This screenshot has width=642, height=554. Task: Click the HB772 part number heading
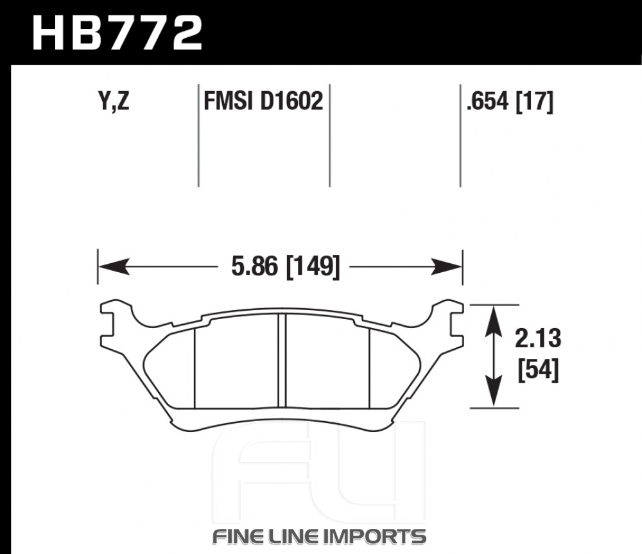coord(117,33)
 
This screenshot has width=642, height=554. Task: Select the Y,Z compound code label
coord(114,101)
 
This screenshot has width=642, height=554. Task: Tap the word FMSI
coord(228,101)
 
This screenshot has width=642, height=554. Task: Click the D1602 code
coord(291,101)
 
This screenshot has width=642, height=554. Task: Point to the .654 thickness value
coord(488,101)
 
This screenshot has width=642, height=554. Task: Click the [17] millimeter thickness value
coord(535,101)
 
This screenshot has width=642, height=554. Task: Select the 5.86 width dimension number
coord(254,266)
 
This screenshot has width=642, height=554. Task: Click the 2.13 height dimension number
coord(537,338)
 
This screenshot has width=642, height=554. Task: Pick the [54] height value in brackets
coord(538,370)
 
